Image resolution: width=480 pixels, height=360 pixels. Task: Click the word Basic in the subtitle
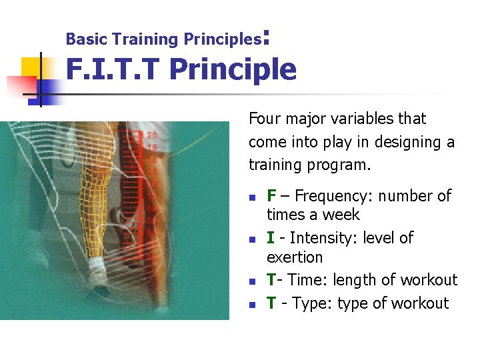click(81, 39)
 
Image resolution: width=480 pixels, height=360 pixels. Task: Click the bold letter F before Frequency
click(271, 196)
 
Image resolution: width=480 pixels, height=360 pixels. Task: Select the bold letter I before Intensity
click(270, 238)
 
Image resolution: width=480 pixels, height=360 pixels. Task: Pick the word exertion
click(295, 257)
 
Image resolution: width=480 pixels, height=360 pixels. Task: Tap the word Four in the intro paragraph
click(263, 119)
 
